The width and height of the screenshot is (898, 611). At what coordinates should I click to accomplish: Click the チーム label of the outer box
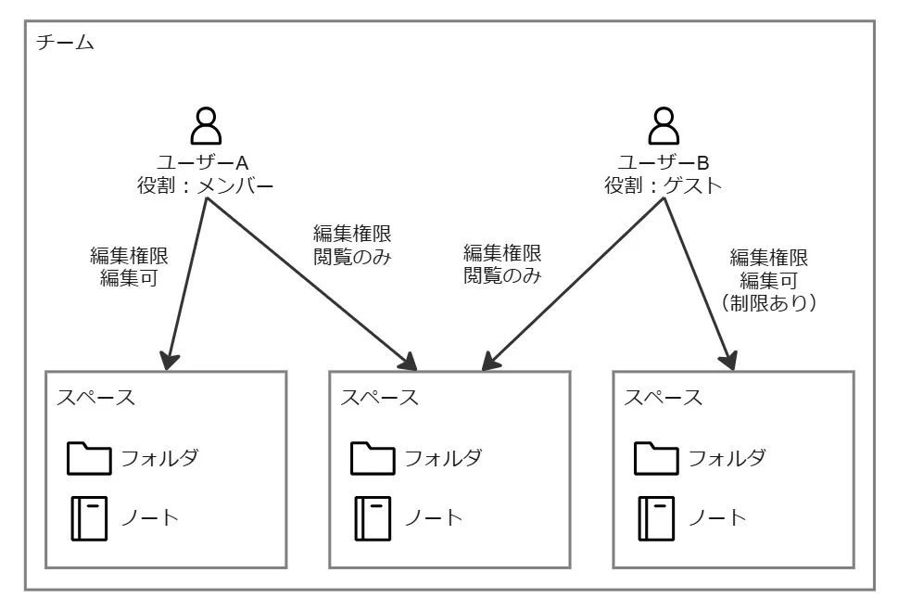(66, 44)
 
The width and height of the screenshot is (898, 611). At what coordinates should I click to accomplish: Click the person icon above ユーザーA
(205, 125)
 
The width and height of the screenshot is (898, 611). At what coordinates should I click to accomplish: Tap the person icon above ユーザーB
(662, 125)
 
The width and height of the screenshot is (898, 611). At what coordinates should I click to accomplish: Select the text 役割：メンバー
(205, 185)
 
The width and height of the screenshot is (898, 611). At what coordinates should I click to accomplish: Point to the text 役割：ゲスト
(662, 185)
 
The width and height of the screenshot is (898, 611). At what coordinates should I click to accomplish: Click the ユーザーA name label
(205, 161)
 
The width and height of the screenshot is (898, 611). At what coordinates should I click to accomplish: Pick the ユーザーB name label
(662, 161)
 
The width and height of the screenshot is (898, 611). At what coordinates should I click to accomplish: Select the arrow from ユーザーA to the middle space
(306, 278)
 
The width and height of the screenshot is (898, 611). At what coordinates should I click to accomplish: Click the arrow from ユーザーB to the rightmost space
(697, 278)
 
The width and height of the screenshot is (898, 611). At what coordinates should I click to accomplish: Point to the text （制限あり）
(768, 302)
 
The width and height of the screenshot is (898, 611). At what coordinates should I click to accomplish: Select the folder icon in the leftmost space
(88, 459)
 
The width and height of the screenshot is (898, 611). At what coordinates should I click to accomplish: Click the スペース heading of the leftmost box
(95, 398)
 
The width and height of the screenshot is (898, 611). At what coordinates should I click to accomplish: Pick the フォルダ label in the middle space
(443, 458)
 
